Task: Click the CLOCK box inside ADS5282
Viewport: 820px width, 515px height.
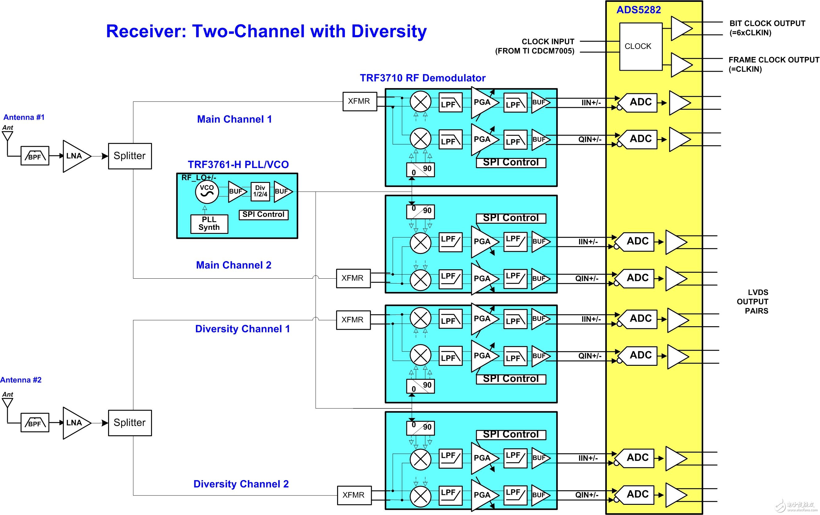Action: point(640,46)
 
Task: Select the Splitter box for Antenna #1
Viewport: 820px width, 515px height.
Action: point(130,156)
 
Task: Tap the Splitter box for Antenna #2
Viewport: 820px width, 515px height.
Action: point(130,423)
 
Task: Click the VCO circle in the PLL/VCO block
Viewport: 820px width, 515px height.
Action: point(207,192)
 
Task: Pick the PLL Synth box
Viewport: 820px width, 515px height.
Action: point(209,224)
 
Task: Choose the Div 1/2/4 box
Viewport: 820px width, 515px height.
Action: point(260,192)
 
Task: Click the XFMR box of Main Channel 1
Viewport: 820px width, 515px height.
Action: point(360,102)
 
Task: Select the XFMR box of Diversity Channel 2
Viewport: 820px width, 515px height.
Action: point(354,495)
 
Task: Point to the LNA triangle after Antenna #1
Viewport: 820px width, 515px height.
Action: point(75,156)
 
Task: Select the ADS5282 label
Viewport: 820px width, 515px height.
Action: point(639,10)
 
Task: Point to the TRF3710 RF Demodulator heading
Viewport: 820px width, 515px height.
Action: point(423,78)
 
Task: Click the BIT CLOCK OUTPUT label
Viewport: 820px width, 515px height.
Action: point(767,23)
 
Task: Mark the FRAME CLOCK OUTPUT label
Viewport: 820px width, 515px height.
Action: point(774,60)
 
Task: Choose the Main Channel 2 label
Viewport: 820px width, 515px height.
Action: point(234,265)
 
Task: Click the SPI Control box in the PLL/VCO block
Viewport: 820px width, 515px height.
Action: point(263,215)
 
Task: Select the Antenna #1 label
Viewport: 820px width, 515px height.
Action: point(24,117)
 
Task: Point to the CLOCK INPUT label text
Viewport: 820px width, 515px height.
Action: point(547,42)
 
